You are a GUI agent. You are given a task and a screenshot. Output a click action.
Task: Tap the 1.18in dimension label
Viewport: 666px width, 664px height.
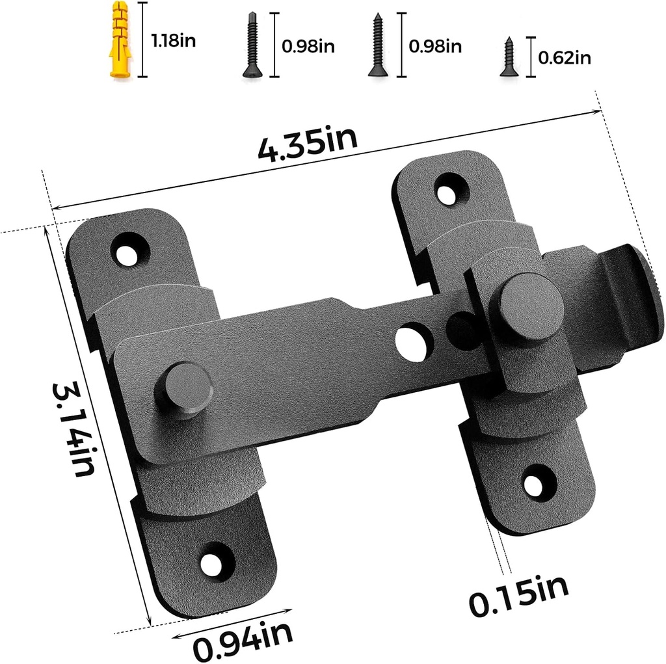tap(173, 41)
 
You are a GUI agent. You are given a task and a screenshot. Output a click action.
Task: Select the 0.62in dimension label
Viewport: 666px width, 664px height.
tap(564, 58)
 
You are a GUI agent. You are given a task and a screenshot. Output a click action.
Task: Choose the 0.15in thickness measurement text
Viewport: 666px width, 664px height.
tap(518, 594)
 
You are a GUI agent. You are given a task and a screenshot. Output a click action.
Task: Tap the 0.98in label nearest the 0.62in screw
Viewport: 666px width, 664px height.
tap(435, 46)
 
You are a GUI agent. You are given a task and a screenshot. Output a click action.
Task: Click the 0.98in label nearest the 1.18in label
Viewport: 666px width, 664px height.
tap(308, 46)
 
